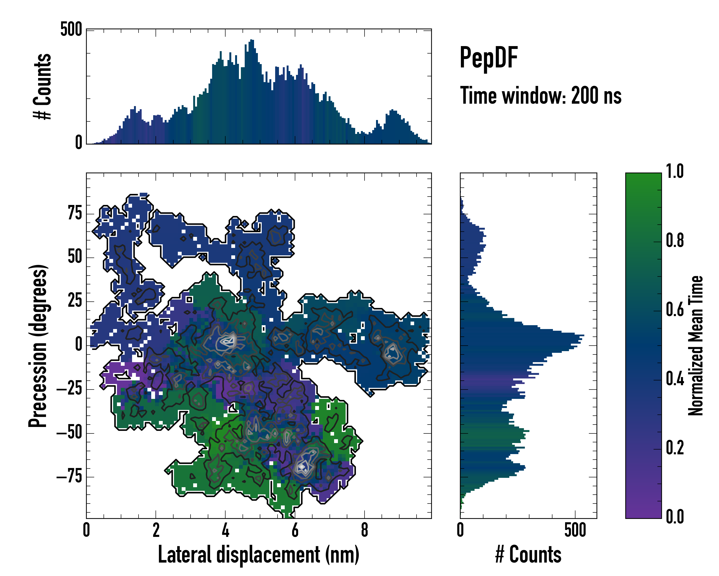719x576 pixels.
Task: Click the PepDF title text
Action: point(488,58)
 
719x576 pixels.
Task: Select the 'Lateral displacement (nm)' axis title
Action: point(258,554)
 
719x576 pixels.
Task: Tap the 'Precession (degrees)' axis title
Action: point(38,346)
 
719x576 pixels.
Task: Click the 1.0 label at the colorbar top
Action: point(675,171)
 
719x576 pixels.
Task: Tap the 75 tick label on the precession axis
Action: point(75,213)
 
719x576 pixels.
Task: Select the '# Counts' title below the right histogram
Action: point(528,554)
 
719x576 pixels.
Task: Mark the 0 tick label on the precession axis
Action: point(79,345)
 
